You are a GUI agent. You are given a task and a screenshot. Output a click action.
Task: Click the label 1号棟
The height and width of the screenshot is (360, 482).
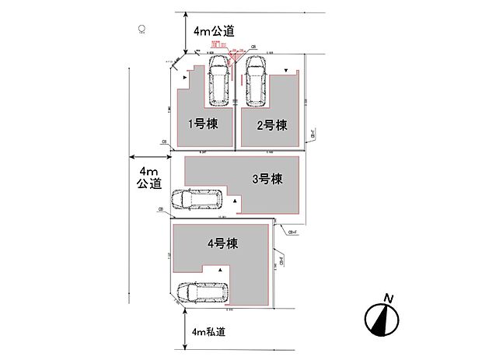pos(201,122)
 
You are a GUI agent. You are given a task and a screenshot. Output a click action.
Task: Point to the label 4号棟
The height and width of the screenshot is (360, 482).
pos(222,243)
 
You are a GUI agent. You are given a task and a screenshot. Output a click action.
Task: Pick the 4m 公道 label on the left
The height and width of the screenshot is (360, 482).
pos(148,177)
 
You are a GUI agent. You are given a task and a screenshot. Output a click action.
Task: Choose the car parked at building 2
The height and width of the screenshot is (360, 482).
pos(255,80)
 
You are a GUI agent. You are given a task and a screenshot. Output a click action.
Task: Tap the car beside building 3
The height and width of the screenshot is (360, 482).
pos(197,200)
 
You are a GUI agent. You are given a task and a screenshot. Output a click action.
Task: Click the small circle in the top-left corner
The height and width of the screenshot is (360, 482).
pos(141,30)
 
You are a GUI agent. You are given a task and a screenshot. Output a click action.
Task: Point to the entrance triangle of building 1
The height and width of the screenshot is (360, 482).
pos(185,78)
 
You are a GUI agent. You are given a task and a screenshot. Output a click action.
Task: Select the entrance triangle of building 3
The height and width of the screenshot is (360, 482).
pos(234,201)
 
